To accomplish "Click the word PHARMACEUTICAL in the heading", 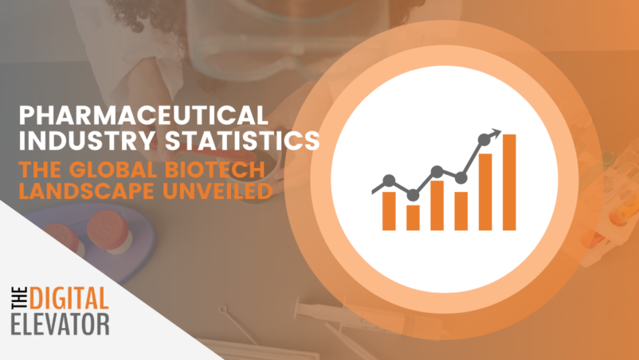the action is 143,115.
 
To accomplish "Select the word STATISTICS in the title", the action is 242,140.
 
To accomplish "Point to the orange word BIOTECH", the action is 215,170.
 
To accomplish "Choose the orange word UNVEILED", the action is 218,191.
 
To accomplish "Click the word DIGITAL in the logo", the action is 69,299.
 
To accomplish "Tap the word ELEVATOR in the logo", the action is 60,324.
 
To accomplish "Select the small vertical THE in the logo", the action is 19,299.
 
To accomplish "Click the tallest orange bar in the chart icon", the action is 509,182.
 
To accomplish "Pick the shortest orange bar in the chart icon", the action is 413,218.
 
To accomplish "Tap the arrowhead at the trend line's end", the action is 496,133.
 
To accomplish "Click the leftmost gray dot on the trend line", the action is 389,181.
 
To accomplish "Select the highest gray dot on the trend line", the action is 484,140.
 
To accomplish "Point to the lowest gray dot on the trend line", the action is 413,195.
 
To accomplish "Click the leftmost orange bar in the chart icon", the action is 389,211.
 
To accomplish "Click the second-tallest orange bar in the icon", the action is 485,192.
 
